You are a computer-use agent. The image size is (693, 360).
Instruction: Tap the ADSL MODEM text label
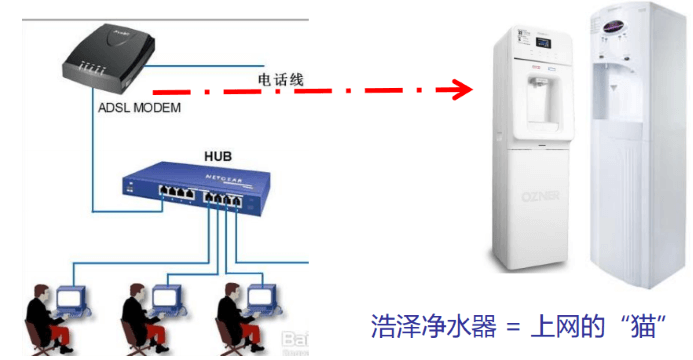point(140,107)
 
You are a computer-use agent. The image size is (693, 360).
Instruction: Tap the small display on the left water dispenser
point(544,44)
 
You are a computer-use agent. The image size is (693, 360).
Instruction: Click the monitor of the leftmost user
point(73,298)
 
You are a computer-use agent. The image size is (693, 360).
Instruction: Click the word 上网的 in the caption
point(571,328)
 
